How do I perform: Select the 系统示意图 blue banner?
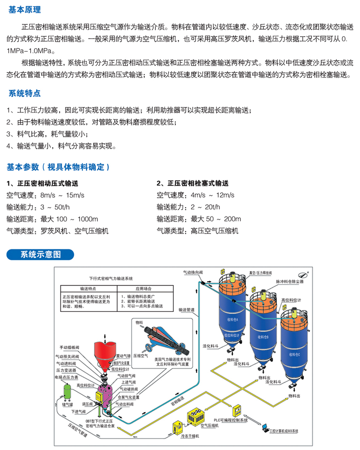40,255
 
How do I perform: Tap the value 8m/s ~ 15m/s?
64,194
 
